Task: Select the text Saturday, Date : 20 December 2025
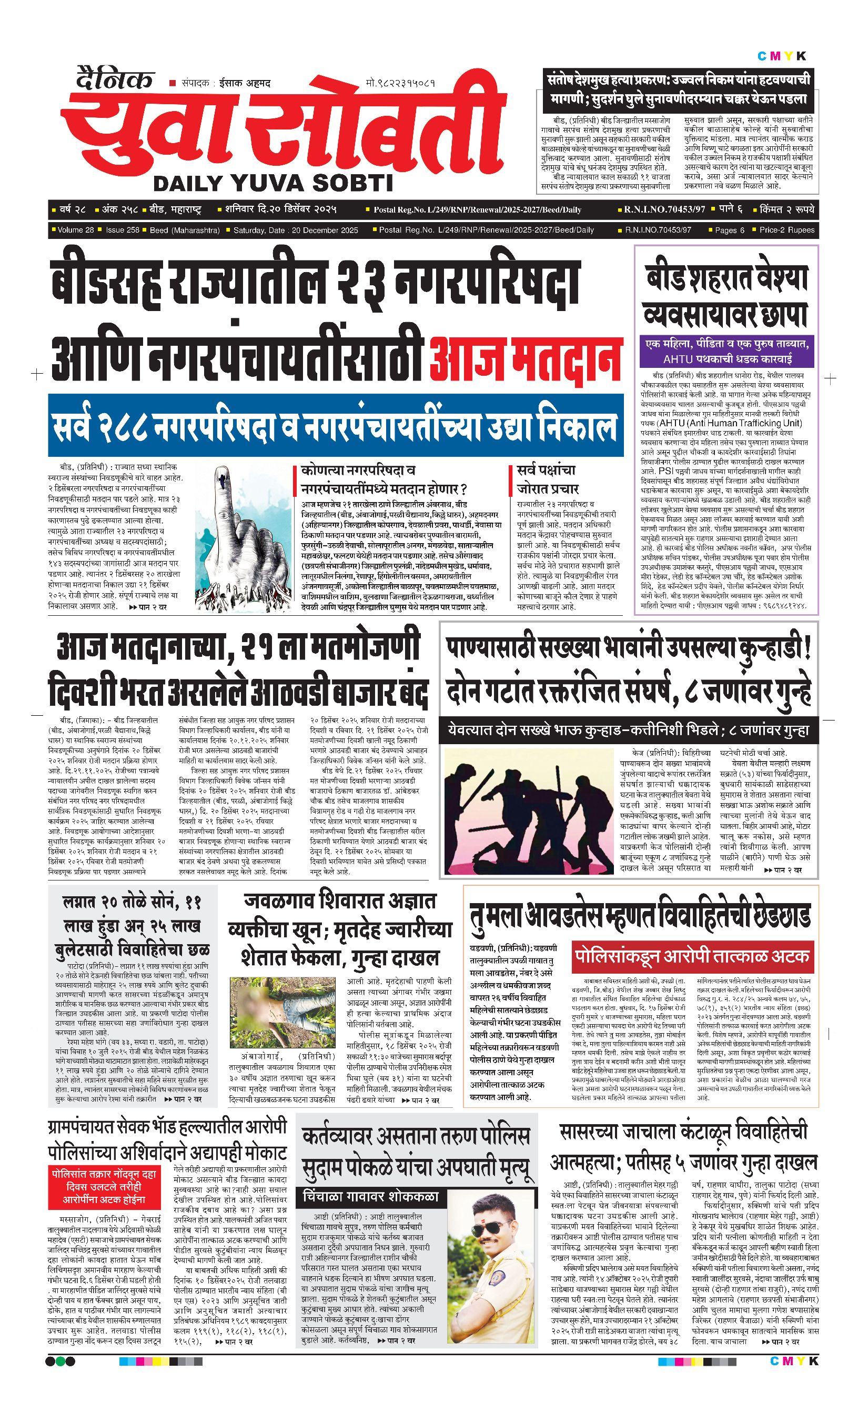[x=295, y=230]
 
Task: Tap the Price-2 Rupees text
[x=787, y=230]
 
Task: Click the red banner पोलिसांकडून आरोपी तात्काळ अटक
[x=692, y=956]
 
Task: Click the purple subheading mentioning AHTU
[x=727, y=351]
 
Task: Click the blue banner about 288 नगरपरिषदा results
[x=336, y=426]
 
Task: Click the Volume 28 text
[x=76, y=230]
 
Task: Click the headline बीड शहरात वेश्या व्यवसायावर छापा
[x=725, y=296]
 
